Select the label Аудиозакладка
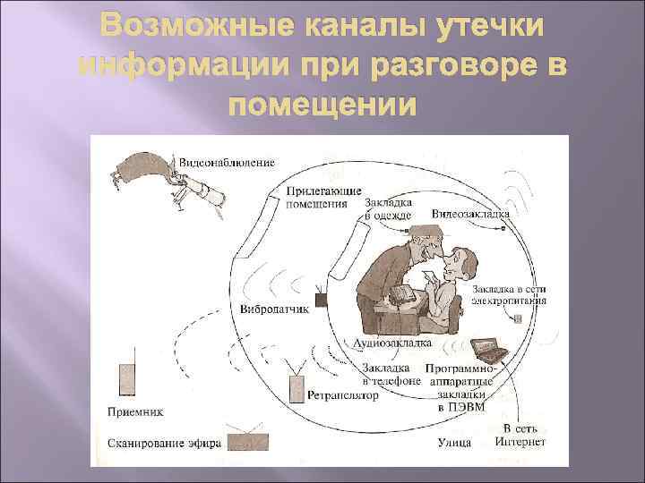393,343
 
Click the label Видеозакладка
471,215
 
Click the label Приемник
135,412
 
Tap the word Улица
453,442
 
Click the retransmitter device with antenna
297,386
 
